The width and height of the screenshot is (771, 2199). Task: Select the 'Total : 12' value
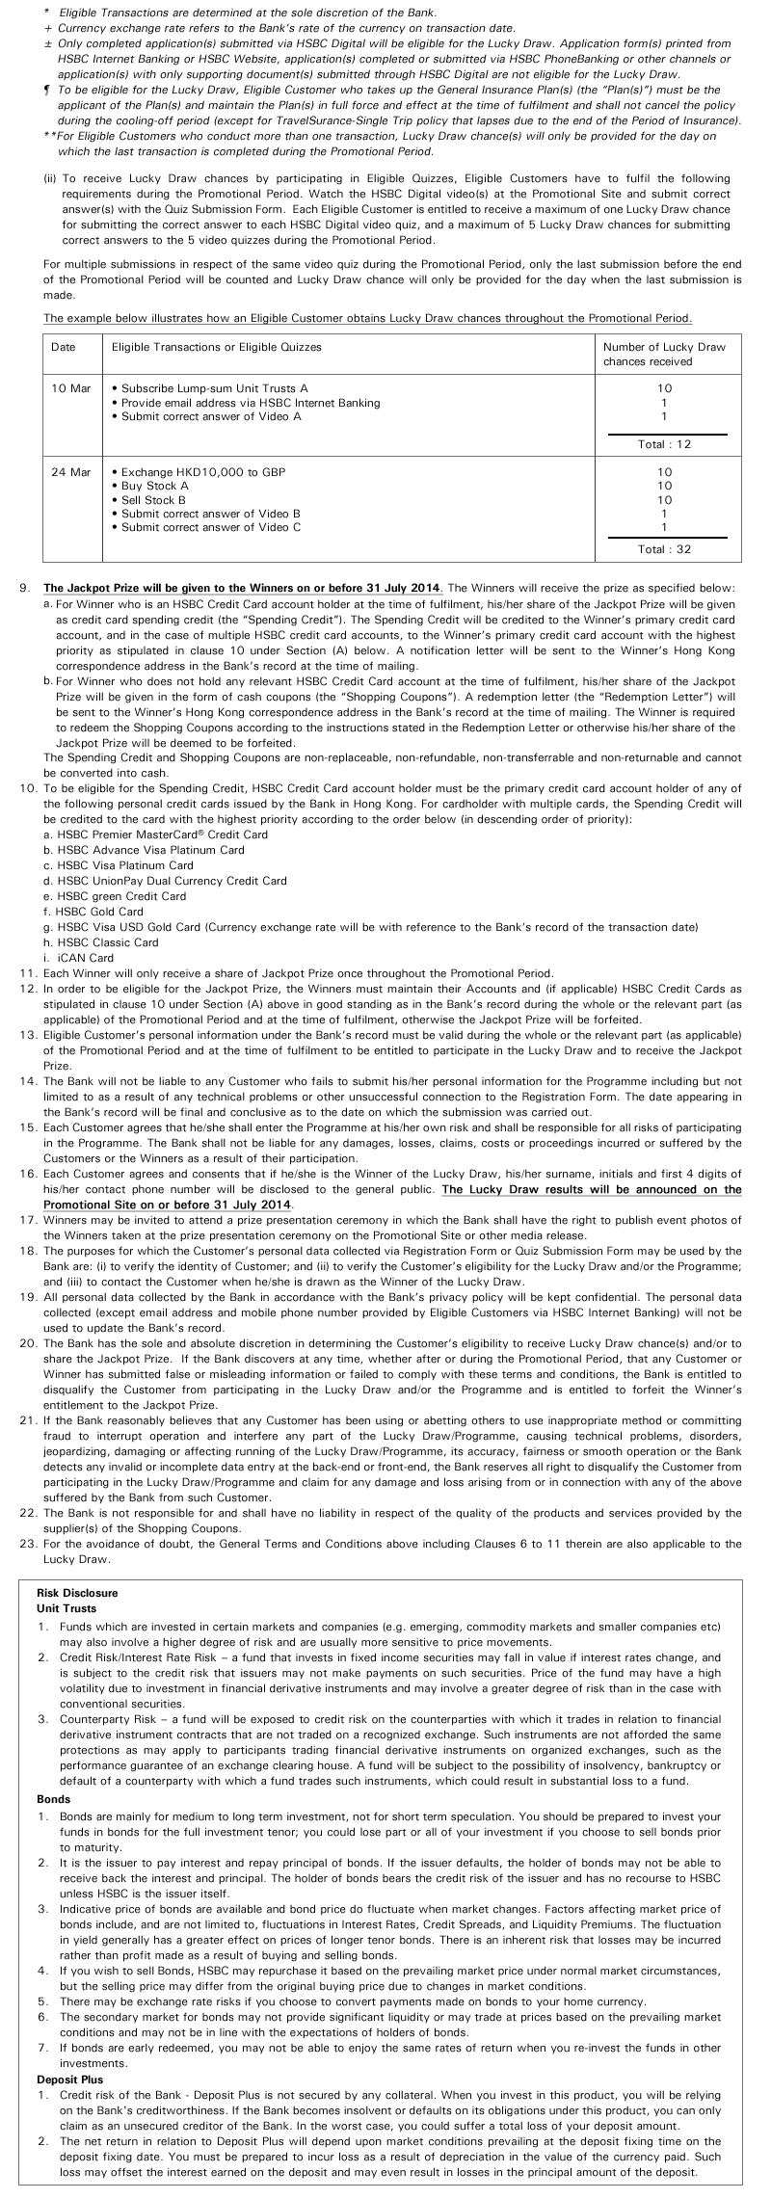coord(664,444)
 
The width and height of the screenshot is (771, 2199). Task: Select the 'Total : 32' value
coord(664,549)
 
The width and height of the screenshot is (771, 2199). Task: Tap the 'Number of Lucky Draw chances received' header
coord(664,354)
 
